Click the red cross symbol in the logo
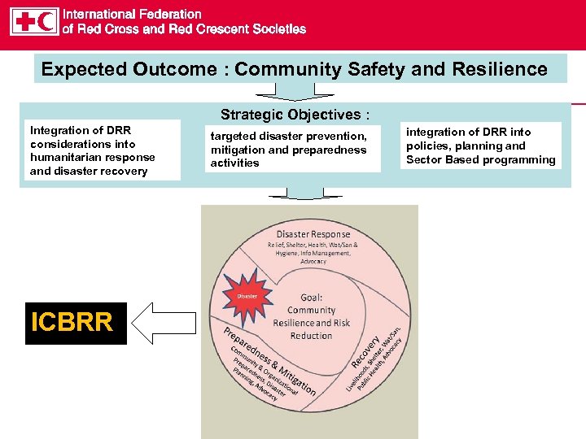pyautogui.click(x=24, y=21)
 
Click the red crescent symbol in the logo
pyautogui.click(x=47, y=21)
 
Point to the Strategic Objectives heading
pyautogui.click(x=295, y=115)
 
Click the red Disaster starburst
pyautogui.click(x=247, y=296)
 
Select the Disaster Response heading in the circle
pyautogui.click(x=313, y=234)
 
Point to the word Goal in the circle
pyautogui.click(x=311, y=298)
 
